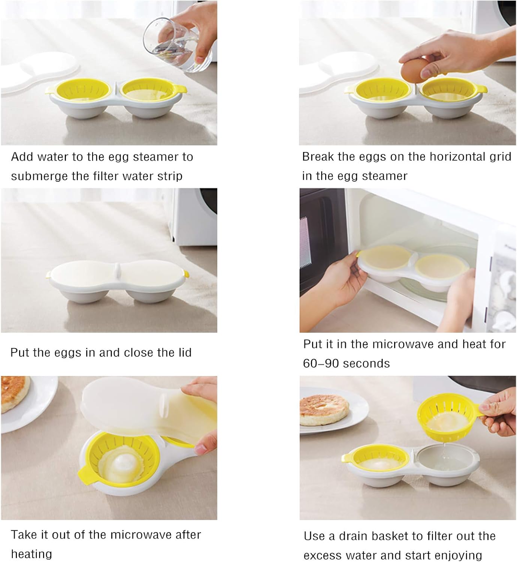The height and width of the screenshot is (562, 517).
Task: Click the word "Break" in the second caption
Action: tap(318, 157)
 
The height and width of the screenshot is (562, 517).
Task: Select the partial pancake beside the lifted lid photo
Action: tap(14, 393)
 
